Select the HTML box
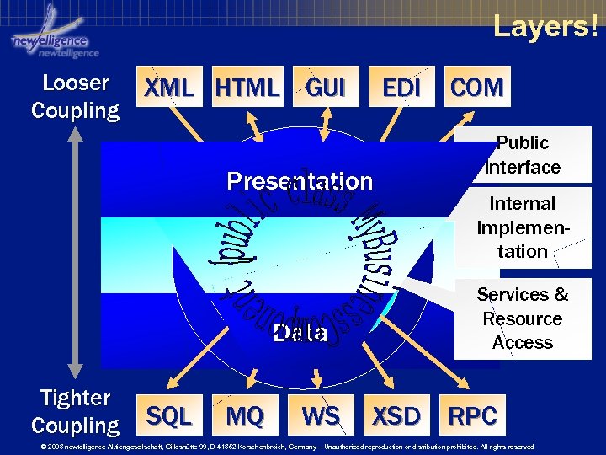coord(247,88)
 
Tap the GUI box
coord(326,88)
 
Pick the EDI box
coord(401,88)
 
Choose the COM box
coord(476,88)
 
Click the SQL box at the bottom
coord(169,415)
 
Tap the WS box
coord(321,415)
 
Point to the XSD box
coord(396,415)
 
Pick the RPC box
coord(473,415)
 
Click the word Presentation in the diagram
coord(300,181)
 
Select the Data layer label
coord(300,333)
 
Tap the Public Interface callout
coord(523,155)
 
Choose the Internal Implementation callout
coord(523,227)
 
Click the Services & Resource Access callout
coord(523,318)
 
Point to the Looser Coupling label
coord(76,97)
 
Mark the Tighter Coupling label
coord(76,411)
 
